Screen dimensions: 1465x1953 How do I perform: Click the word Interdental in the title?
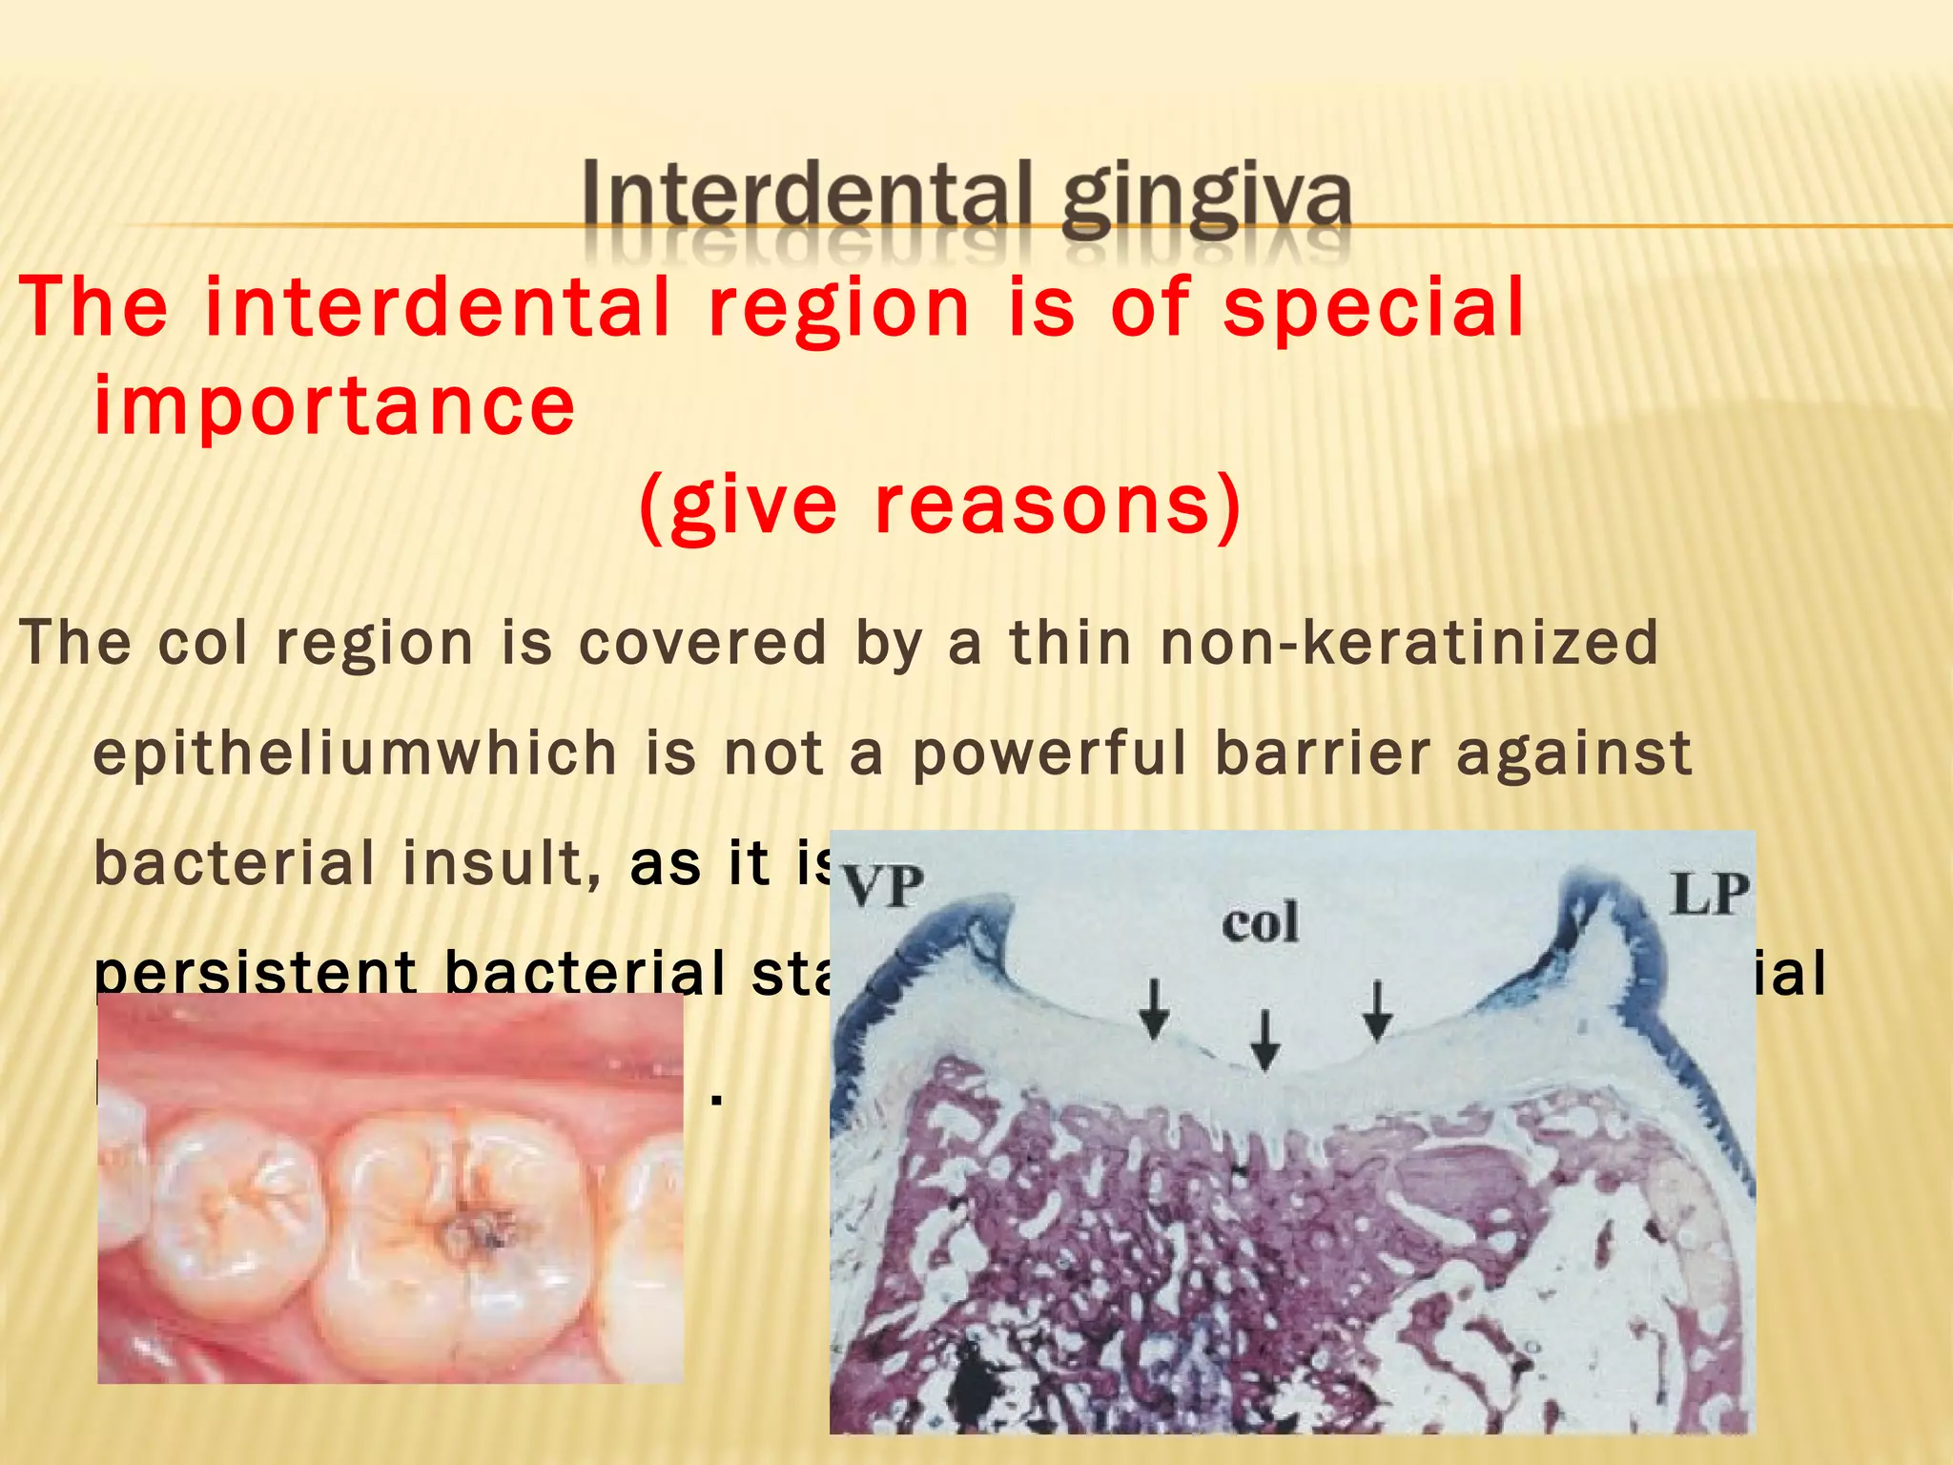[807, 197]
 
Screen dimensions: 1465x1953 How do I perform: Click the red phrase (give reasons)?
[940, 506]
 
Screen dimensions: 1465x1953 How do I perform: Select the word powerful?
[1050, 754]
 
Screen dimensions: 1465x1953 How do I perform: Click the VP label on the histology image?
[882, 888]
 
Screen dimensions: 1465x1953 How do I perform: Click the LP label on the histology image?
[1709, 895]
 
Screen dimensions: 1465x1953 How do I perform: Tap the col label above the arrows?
[1260, 923]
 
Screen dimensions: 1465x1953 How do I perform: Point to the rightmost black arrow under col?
[1375, 1010]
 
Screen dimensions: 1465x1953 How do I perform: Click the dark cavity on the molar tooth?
[473, 1234]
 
